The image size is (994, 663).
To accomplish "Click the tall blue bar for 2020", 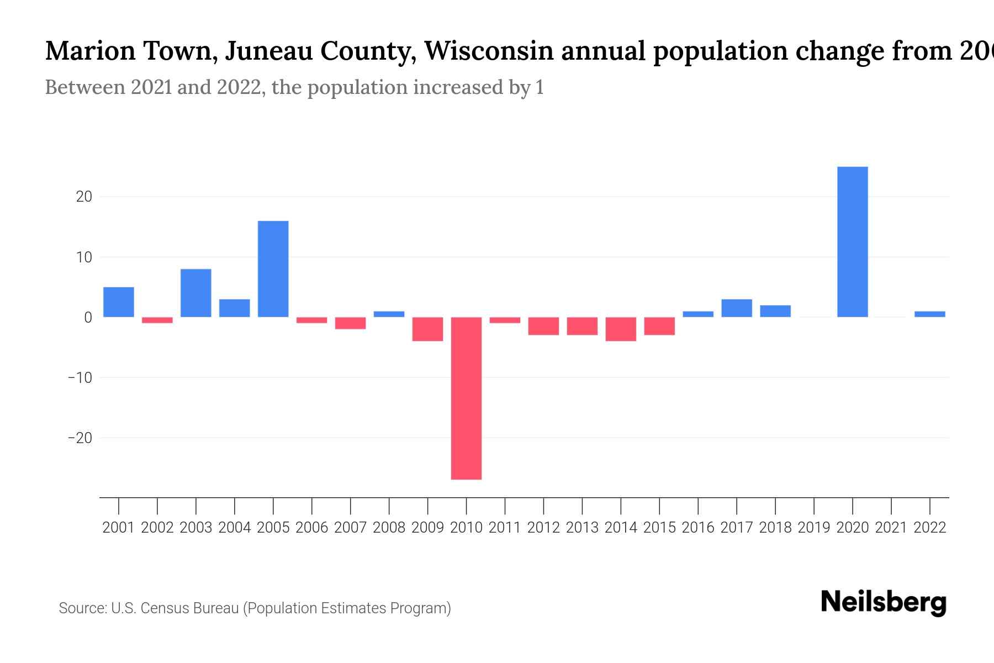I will (x=852, y=241).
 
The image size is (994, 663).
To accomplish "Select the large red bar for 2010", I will (x=466, y=398).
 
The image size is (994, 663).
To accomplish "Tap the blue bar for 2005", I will (x=273, y=269).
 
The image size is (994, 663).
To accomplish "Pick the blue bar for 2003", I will (x=195, y=293).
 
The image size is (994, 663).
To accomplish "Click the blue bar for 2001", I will (x=118, y=302).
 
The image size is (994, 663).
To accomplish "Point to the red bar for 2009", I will (x=427, y=329).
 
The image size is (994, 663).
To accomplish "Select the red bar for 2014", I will (x=621, y=329).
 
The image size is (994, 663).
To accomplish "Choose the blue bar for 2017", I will (x=736, y=308).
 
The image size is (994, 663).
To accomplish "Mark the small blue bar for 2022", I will (x=929, y=314).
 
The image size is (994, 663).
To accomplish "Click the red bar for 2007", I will (x=350, y=323).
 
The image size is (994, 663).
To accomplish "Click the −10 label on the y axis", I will (x=80, y=378).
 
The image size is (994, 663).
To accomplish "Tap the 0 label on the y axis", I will (x=88, y=318).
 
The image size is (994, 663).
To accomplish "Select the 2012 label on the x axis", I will (x=543, y=528).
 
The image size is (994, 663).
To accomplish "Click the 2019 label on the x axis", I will (x=813, y=528).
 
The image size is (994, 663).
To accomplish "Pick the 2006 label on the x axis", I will (x=311, y=528).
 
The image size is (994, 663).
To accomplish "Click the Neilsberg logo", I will (x=884, y=602).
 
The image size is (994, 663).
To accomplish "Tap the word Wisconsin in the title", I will (x=489, y=51).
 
